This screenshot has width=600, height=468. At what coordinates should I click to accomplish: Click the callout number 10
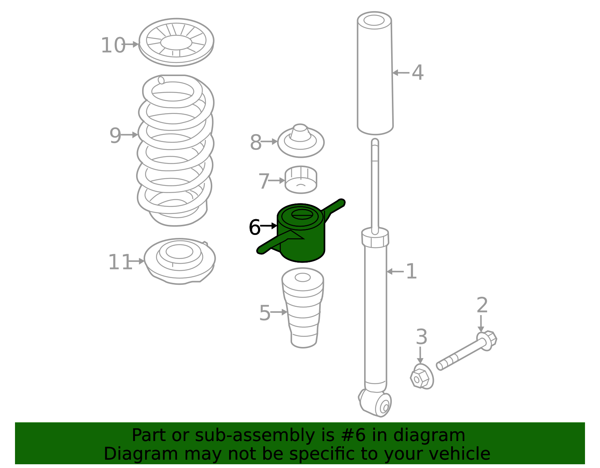point(113,45)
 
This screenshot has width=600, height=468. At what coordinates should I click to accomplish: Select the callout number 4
point(417,72)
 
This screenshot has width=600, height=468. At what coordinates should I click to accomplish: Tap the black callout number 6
point(254,227)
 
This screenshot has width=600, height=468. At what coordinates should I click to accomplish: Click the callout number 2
point(482,305)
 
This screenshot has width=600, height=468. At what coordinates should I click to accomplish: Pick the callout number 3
point(421,337)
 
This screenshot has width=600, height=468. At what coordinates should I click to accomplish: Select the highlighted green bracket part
point(301,230)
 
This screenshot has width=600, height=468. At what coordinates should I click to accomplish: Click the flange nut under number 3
point(421,376)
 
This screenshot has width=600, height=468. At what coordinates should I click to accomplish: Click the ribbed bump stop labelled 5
point(303,308)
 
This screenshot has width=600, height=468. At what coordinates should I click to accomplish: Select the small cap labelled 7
point(301,179)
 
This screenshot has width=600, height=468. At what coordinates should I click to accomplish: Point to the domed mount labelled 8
point(301,141)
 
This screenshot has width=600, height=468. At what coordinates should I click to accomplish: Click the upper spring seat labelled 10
point(176,42)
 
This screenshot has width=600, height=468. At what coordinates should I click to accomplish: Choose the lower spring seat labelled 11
point(180,261)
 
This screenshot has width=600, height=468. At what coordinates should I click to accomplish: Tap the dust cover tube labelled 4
point(375,73)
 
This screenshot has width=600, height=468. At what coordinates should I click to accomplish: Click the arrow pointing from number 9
point(129,135)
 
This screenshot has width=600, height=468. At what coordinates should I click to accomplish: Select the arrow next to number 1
point(395,272)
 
